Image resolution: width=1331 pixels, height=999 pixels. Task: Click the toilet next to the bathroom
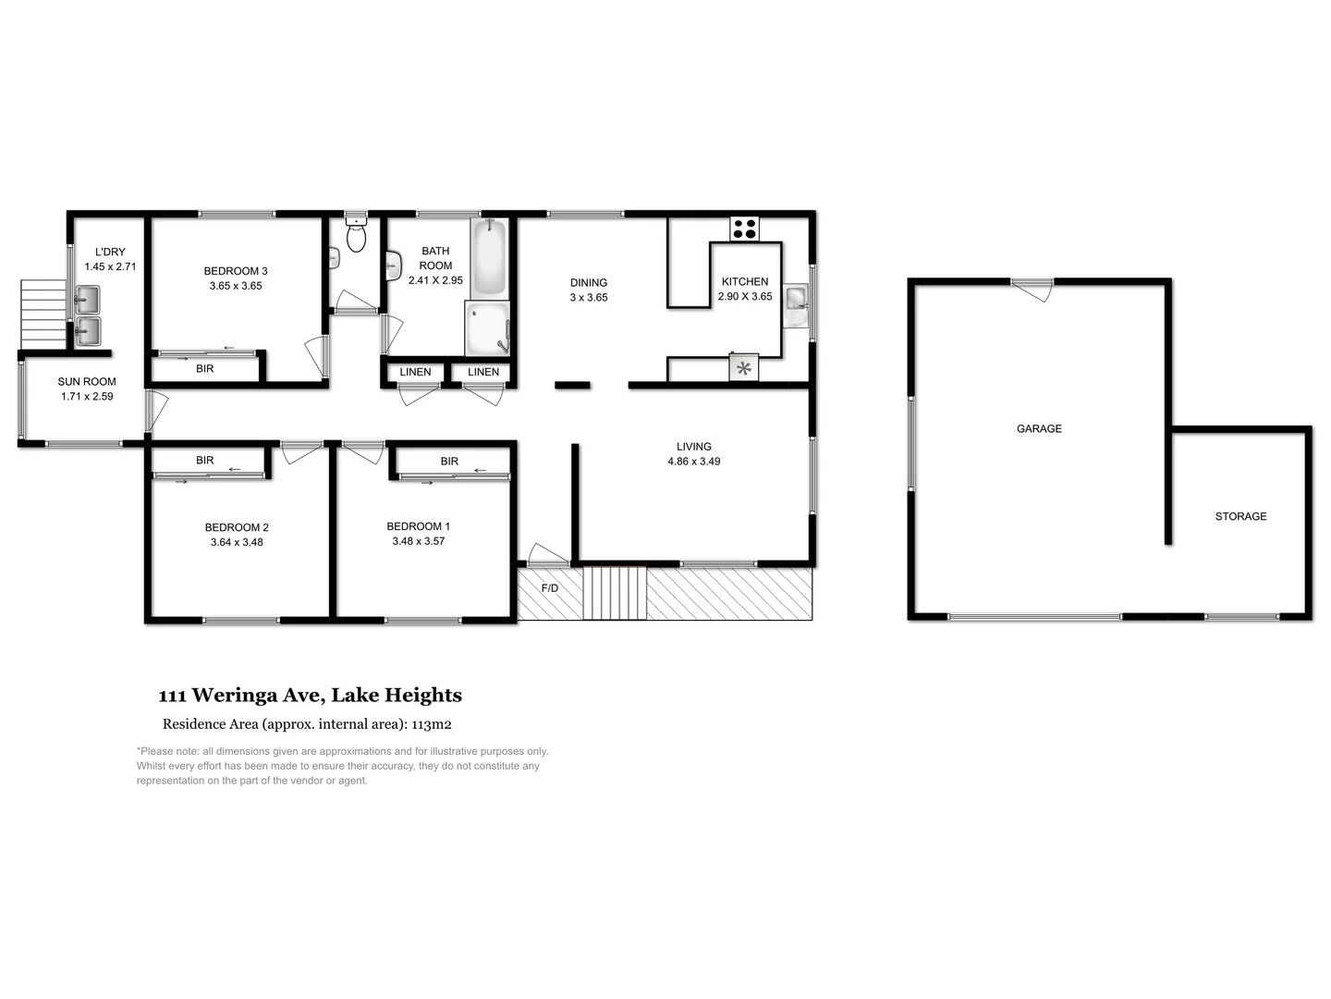[x=356, y=236]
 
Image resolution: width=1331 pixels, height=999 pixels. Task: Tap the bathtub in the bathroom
[x=489, y=257]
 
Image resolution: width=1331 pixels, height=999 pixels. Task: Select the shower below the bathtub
[x=487, y=329]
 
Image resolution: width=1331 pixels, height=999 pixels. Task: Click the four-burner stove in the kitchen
[x=744, y=228]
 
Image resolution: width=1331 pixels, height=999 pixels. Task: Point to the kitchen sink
[x=795, y=299]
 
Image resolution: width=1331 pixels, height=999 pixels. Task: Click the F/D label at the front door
[x=549, y=588]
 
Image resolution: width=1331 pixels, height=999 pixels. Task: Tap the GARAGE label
[x=1039, y=428]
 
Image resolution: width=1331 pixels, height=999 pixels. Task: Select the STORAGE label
[x=1240, y=516]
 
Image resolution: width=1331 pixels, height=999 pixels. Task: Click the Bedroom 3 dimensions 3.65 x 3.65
[x=236, y=286]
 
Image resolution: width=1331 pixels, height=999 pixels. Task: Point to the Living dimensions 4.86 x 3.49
[x=693, y=461]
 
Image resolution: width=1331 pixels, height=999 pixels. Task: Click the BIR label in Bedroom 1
[x=449, y=461]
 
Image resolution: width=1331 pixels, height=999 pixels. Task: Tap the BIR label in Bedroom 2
[x=204, y=460]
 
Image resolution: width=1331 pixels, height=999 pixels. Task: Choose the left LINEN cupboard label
[x=415, y=372]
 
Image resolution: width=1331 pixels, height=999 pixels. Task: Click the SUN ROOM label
[x=87, y=381]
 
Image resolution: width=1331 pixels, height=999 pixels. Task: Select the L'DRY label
[x=110, y=252]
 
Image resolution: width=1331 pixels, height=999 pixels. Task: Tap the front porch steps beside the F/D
[x=615, y=593]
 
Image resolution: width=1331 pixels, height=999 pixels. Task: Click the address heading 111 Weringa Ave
[x=310, y=696]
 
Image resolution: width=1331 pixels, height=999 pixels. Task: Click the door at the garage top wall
[x=1032, y=288]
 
